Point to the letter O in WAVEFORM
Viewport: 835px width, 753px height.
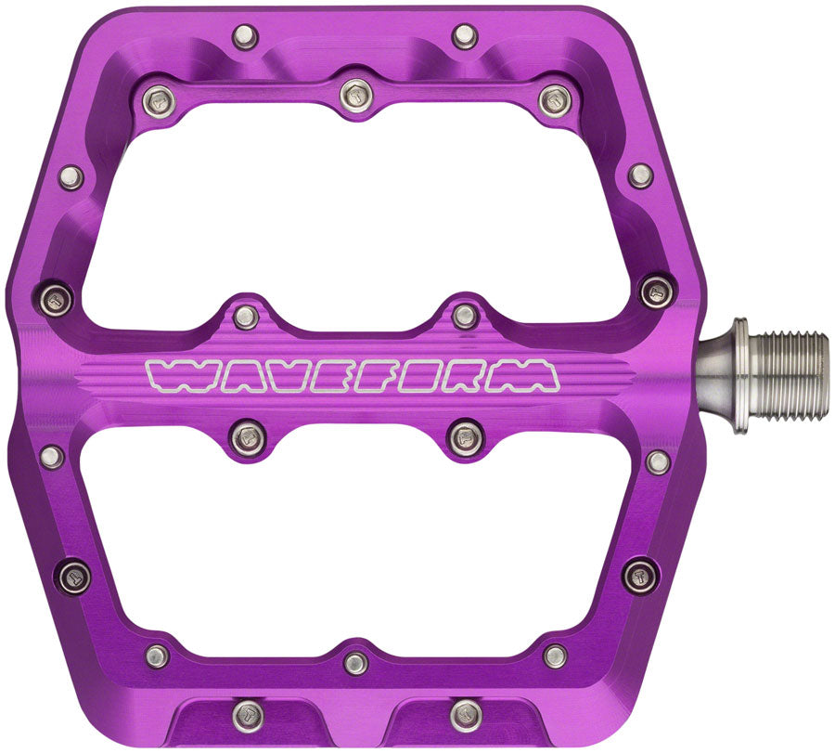coord(429,375)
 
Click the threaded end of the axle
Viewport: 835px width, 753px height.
coord(789,375)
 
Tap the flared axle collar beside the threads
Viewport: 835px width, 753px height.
coord(727,375)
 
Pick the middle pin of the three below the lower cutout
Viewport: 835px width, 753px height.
coord(355,662)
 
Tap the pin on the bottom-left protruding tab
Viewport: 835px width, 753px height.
coord(247,714)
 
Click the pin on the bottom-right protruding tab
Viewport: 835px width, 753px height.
coord(465,714)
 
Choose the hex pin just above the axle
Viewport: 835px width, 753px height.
coord(656,291)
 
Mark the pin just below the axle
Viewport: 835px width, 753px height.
coord(659,461)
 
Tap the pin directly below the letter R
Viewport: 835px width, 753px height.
coord(465,435)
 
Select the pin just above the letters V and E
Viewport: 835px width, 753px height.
coord(246,317)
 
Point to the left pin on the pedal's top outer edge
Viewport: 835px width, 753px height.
coord(244,36)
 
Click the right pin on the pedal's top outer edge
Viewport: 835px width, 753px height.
coord(464,36)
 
